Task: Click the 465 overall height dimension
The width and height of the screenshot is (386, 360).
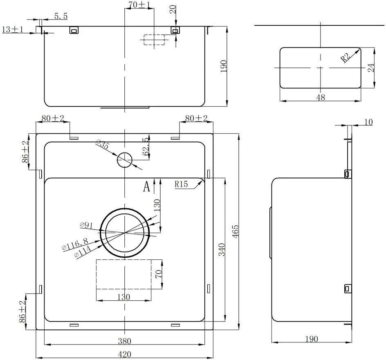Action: tap(236, 231)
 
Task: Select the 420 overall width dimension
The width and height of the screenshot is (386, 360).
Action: tap(125, 354)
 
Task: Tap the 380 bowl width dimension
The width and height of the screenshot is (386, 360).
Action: tap(125, 341)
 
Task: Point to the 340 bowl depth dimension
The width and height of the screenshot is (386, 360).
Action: tap(222, 250)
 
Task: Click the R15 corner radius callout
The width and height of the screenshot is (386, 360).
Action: tap(181, 184)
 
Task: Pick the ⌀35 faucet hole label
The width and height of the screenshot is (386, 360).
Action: tap(103, 144)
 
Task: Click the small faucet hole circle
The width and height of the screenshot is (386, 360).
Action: tap(125, 160)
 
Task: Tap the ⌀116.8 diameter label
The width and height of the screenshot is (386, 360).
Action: tap(75, 244)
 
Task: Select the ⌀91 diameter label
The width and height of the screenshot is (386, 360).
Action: tap(86, 225)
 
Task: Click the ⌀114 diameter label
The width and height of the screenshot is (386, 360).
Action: tap(83, 252)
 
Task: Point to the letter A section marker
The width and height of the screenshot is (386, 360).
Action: tap(146, 187)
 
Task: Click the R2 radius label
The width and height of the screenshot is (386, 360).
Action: tap(346, 58)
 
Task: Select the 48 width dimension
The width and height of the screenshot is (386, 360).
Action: tap(321, 97)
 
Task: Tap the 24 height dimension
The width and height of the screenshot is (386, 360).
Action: tap(371, 68)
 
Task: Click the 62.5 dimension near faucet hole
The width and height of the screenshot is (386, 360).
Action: tap(146, 146)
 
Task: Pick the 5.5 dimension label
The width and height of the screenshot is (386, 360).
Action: tap(61, 16)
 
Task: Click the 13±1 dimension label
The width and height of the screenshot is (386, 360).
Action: tap(13, 29)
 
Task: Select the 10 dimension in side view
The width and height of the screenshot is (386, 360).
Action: tap(368, 122)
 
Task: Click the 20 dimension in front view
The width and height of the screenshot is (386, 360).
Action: tap(173, 9)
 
